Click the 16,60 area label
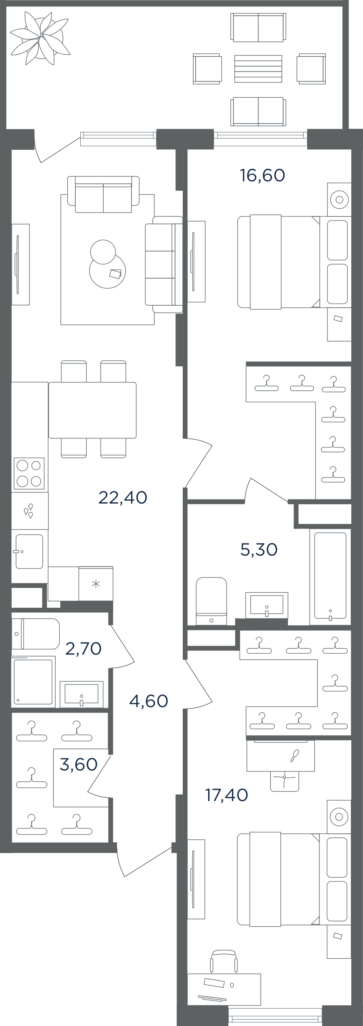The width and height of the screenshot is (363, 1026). click(263, 175)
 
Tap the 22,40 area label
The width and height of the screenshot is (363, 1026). click(123, 497)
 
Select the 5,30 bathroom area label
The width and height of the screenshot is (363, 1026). click(259, 550)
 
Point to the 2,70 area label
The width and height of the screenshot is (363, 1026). click(83, 648)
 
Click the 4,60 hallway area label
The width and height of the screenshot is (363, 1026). click(148, 701)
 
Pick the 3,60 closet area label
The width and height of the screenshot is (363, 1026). click(79, 764)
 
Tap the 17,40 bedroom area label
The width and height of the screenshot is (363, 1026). click(227, 795)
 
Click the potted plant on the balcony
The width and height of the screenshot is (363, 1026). click(40, 38)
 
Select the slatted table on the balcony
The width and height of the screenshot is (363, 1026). click(258, 69)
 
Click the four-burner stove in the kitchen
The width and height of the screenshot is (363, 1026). click(29, 474)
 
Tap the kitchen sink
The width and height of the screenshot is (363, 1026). click(29, 552)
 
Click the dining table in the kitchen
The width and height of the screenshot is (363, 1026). click(92, 410)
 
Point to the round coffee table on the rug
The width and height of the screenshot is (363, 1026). click(107, 271)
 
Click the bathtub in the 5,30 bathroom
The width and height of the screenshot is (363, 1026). click(330, 576)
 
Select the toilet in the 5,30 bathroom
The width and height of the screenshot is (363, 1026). click(211, 601)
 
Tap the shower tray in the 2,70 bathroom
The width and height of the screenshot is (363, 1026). click(33, 682)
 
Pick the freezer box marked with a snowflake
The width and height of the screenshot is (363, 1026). click(96, 584)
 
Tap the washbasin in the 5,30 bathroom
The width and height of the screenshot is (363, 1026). click(267, 605)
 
